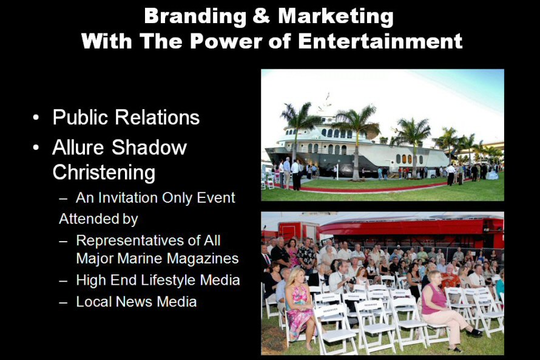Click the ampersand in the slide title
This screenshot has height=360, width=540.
[x=261, y=16]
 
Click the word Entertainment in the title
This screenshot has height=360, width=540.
[x=380, y=41]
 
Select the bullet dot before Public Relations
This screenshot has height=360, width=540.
[x=36, y=118]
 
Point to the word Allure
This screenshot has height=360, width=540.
[x=78, y=148]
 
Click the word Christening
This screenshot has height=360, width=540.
[x=104, y=172]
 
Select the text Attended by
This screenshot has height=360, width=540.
[x=98, y=219]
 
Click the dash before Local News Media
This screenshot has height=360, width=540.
[x=63, y=302]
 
